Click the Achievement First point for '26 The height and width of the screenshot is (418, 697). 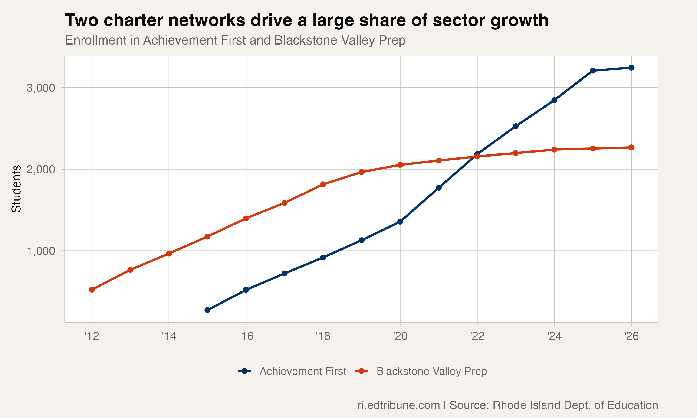click(x=631, y=68)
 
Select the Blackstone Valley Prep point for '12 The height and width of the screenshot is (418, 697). click(x=92, y=290)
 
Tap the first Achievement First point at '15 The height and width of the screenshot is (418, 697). click(x=207, y=310)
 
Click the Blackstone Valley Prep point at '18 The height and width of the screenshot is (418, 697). click(x=323, y=184)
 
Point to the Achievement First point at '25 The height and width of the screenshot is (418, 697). click(x=593, y=70)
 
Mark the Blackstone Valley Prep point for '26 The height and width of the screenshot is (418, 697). click(x=631, y=147)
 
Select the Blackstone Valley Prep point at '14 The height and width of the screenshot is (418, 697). click(x=169, y=254)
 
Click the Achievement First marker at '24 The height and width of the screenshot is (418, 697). click(x=554, y=100)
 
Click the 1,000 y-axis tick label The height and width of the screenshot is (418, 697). click(x=41, y=251)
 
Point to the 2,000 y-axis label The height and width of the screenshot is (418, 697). click(x=41, y=170)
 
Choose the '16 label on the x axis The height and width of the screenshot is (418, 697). click(x=246, y=336)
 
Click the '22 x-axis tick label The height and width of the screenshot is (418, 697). click(x=477, y=336)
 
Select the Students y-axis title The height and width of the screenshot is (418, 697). click(x=16, y=189)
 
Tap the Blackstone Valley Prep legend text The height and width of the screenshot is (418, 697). click(x=431, y=371)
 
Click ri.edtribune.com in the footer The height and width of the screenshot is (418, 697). click(x=399, y=405)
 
